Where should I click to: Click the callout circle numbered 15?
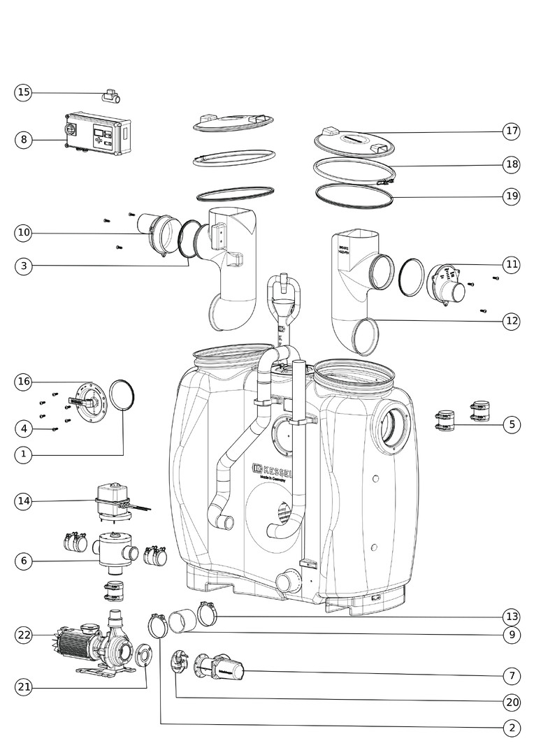[24, 92]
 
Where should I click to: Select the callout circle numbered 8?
[24, 140]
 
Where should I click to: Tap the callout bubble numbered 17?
[512, 131]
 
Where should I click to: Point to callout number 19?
[512, 196]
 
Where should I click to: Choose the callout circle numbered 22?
[24, 635]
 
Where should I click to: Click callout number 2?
[512, 728]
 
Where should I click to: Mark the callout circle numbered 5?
[512, 424]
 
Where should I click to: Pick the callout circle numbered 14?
[24, 501]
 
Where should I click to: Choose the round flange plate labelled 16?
[89, 402]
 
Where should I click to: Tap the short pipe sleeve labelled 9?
[184, 620]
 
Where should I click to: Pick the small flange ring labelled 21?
[145, 656]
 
